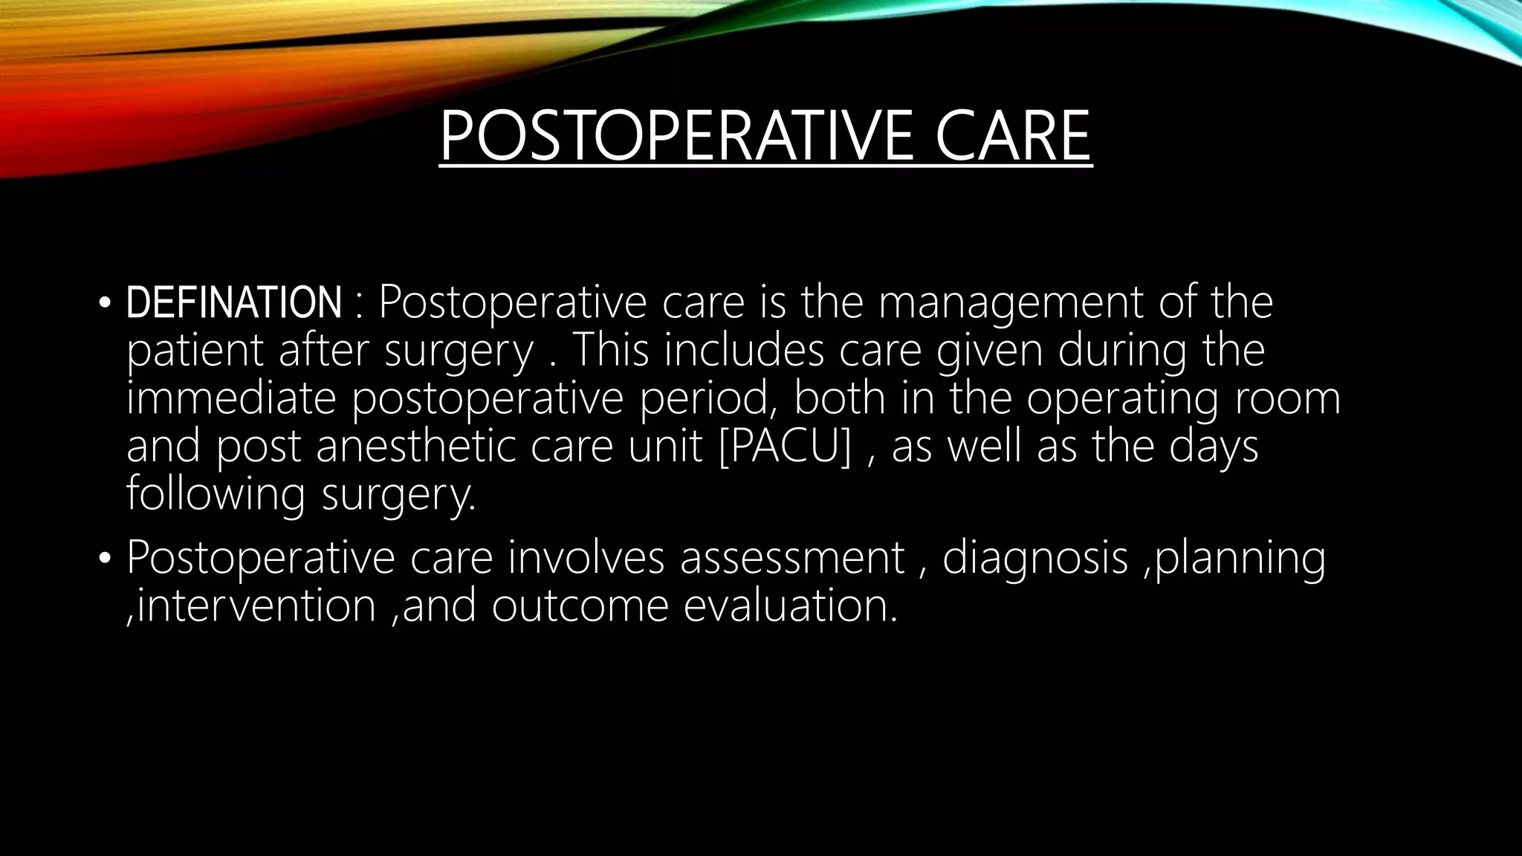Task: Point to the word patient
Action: click(195, 350)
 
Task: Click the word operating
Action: click(1122, 399)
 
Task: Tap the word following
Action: click(216, 495)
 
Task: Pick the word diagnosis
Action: click(1035, 559)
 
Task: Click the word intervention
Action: click(257, 606)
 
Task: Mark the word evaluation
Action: click(790, 606)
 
